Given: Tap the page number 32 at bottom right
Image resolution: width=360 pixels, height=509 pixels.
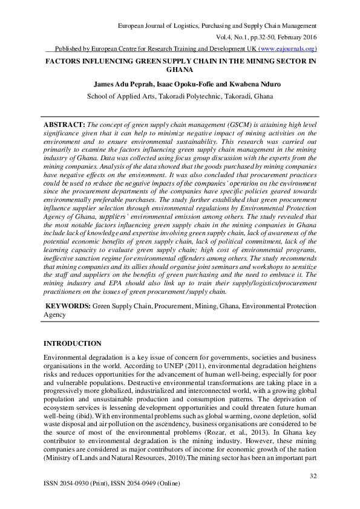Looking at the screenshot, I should click(x=312, y=476).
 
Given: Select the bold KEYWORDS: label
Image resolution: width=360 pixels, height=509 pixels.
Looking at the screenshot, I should click(x=68, y=306).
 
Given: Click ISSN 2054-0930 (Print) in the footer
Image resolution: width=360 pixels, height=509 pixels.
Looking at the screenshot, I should click(x=77, y=484).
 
